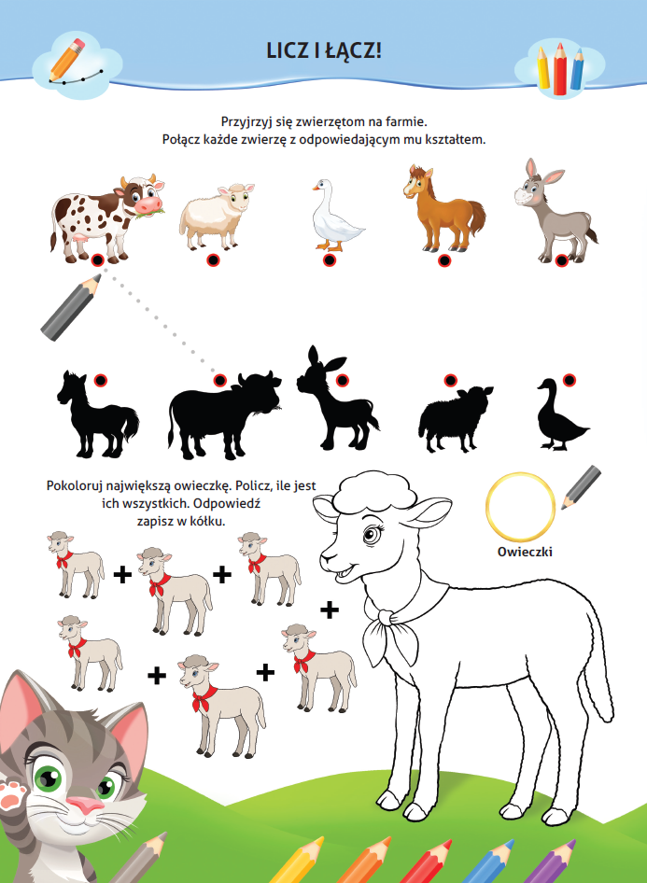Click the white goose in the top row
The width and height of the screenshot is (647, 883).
pos(336,217)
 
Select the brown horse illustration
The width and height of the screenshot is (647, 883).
pos(443,209)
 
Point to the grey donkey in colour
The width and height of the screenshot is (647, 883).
pos(555,212)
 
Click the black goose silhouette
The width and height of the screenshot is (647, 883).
pos(561,415)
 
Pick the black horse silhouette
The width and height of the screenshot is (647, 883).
pos(97,415)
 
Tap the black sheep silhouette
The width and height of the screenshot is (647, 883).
pos(455,419)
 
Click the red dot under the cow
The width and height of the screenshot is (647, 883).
pos(97,260)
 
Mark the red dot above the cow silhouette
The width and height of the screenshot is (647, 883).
pos(220,381)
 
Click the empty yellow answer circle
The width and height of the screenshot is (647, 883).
pos(520,506)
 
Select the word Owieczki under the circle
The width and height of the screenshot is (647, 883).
pos(525,552)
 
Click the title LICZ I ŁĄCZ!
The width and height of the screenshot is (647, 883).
pos(324,51)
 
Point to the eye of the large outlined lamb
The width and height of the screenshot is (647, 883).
pos(373,533)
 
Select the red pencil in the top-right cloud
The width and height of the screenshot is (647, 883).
pos(560,69)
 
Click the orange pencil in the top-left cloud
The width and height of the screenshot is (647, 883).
pos(66,59)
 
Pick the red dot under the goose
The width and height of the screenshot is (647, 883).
pos(330,260)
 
